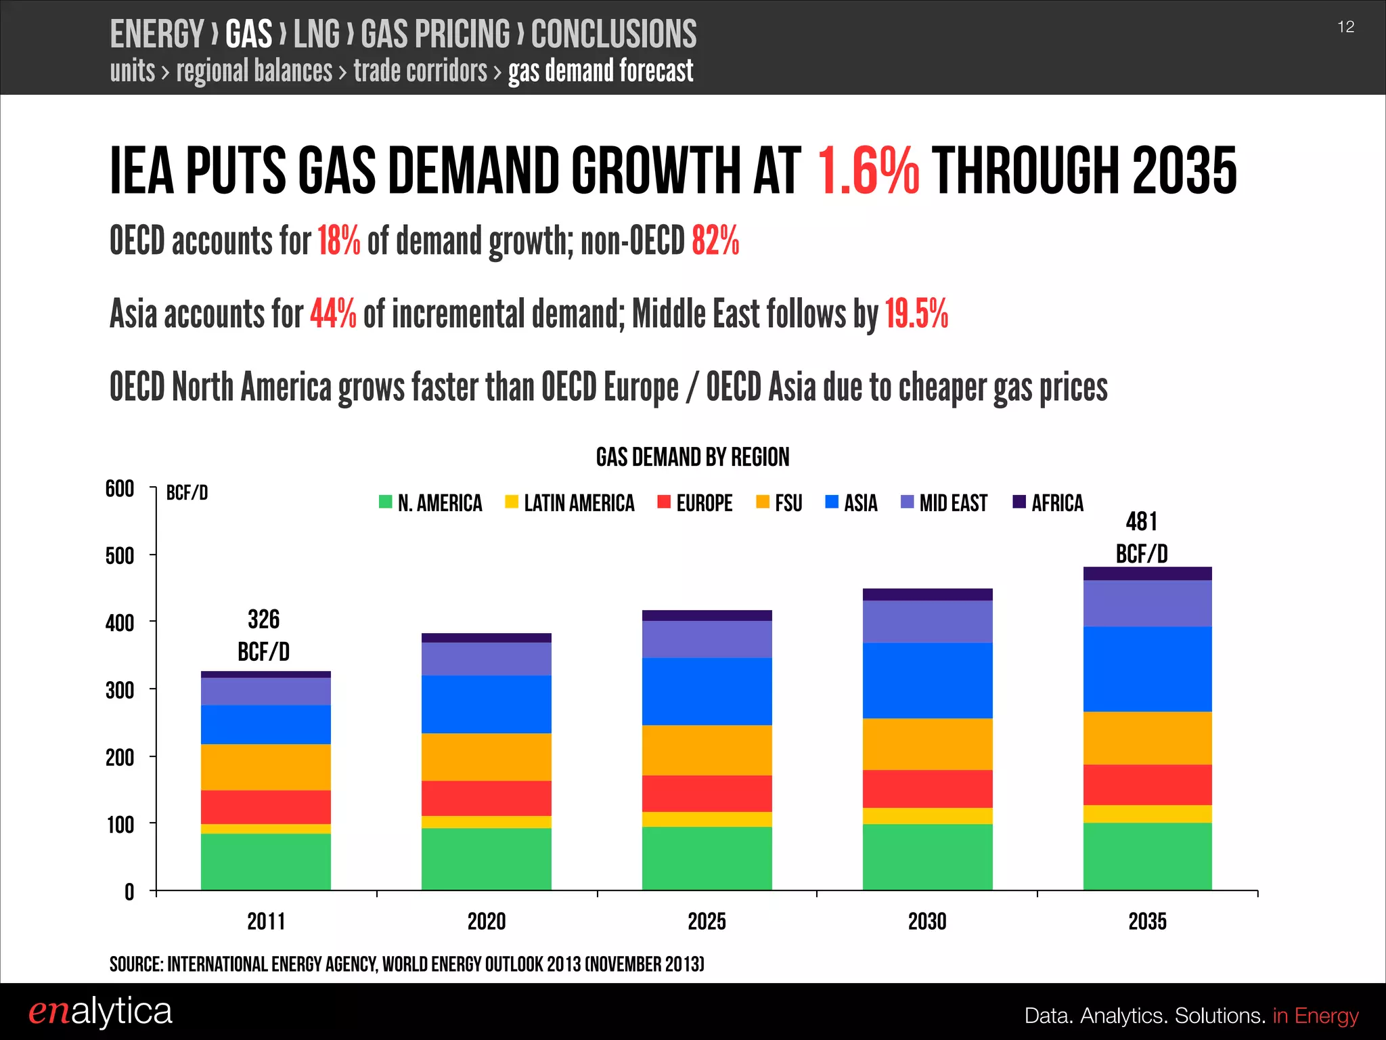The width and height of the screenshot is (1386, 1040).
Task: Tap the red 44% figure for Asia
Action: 333,314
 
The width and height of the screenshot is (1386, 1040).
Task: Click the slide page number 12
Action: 1345,27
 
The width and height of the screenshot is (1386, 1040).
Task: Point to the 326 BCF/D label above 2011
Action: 263,635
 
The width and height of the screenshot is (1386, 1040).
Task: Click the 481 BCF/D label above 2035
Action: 1142,538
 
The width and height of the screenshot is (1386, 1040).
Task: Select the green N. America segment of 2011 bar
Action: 265,861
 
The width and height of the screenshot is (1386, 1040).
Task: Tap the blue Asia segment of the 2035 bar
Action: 1147,668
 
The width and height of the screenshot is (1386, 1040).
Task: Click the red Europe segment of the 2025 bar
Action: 707,793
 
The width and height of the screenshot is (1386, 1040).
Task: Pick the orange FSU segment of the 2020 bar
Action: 486,756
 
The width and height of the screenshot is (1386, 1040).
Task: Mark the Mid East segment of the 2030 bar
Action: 927,621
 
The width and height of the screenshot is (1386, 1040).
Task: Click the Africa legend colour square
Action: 1019,502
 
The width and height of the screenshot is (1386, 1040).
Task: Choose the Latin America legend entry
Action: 570,503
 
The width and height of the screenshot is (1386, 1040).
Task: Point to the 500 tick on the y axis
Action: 120,556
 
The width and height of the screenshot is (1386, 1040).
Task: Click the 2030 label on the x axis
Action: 927,922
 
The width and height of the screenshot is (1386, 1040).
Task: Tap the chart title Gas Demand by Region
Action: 692,457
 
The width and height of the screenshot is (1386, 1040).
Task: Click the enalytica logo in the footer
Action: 100,1011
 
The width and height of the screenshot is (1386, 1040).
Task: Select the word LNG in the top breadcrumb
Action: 316,34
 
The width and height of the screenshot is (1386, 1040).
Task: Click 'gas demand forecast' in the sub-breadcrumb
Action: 600,71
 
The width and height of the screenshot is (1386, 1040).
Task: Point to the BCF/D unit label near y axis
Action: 187,493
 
